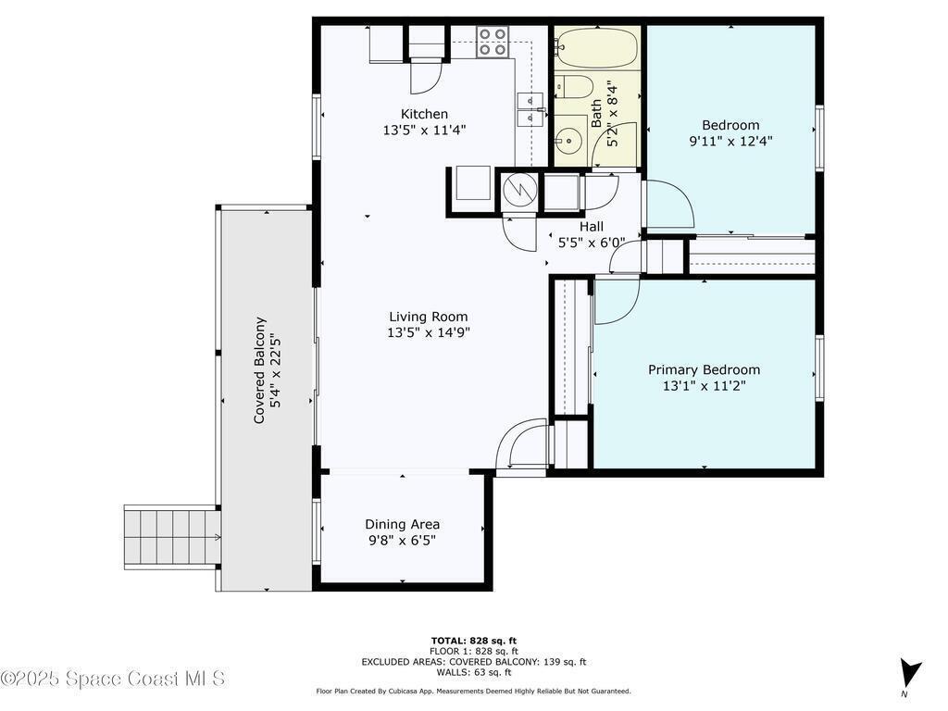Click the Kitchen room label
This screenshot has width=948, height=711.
click(x=424, y=114)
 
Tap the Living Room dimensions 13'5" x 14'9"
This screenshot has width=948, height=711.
click(x=429, y=332)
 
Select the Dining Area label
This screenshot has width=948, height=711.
click(x=402, y=524)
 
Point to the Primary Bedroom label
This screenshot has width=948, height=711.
click(x=704, y=369)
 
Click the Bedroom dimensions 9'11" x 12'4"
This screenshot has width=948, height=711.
click(x=730, y=141)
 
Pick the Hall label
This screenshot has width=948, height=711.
click(x=592, y=227)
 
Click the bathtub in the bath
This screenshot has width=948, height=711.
click(x=597, y=48)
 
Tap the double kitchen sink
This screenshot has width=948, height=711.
click(x=530, y=108)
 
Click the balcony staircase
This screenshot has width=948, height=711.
click(x=172, y=537)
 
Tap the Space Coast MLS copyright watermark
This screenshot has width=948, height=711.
click(x=113, y=679)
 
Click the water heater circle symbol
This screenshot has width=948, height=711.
click(x=520, y=191)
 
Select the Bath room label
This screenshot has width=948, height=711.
click(x=596, y=114)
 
